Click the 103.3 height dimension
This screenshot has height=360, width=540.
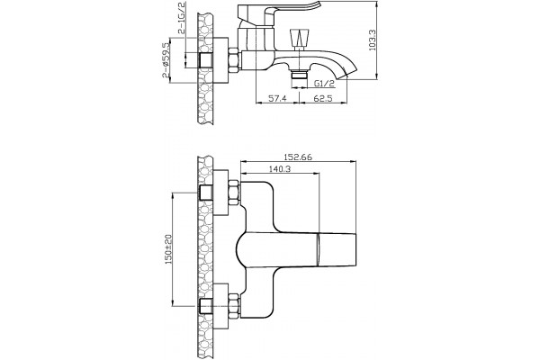[x=373, y=40]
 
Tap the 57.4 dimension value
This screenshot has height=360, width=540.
[x=277, y=98]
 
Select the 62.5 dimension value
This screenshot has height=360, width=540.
[x=323, y=98]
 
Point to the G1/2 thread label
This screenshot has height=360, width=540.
[x=324, y=84]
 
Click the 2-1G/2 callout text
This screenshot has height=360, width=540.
[x=182, y=18]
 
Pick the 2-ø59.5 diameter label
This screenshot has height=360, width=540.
[x=166, y=60]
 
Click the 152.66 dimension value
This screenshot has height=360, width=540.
[x=298, y=157]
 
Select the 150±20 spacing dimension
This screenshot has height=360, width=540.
[x=169, y=249]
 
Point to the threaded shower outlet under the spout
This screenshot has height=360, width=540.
[x=300, y=75]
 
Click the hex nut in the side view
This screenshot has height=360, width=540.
[x=234, y=60]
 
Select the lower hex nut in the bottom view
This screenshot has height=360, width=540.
[x=234, y=305]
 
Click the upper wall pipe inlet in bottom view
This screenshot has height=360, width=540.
[x=206, y=193]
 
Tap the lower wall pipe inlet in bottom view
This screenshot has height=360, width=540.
[x=206, y=306]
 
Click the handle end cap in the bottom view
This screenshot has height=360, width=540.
[x=336, y=250]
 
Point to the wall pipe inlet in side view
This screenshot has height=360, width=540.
[x=206, y=60]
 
